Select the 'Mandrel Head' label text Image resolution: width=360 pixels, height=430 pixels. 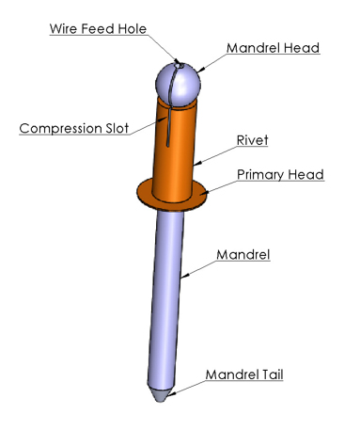pos(272,46)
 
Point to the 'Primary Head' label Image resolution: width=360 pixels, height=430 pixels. pos(280,175)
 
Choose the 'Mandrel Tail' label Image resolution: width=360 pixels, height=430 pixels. pos(247,374)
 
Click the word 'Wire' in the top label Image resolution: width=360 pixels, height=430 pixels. pos(64,27)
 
